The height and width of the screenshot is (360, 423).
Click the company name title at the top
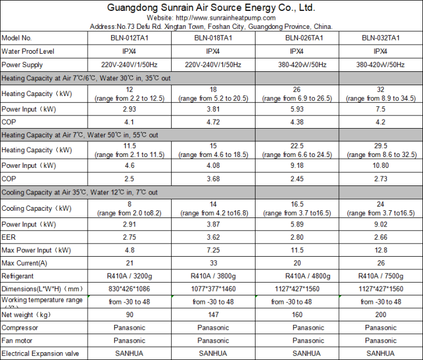211,8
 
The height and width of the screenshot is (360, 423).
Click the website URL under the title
211,18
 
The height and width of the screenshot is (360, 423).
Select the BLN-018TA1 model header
213,37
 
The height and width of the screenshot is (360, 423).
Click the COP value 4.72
213,121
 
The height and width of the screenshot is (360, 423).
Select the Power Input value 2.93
130,109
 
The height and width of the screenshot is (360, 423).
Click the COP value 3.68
213,178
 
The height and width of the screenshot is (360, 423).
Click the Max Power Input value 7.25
213,249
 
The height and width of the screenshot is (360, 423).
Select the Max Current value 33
213,263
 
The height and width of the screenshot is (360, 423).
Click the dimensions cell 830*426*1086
130,289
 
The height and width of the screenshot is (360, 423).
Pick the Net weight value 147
213,315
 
